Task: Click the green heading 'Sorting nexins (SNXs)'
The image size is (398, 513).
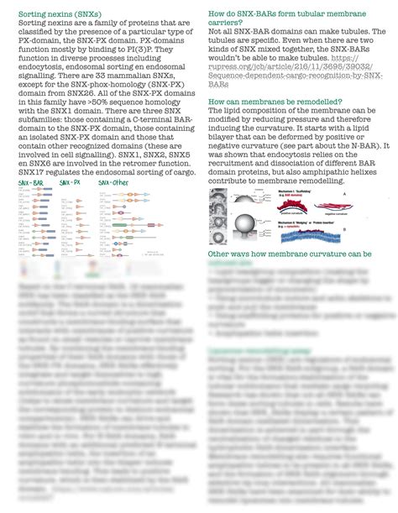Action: (x=55, y=14)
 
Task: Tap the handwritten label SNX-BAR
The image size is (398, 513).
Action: (x=32, y=181)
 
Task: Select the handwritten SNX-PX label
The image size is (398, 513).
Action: (x=71, y=181)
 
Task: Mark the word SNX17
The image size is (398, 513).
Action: (x=33, y=172)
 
